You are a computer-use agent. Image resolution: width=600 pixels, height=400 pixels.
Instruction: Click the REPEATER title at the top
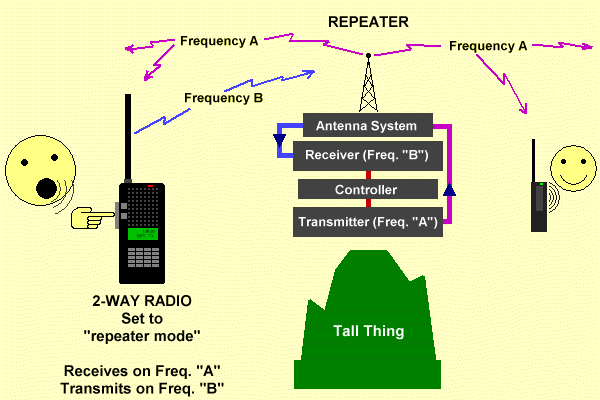click(368, 20)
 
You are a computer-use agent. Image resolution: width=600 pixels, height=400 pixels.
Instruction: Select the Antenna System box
click(360, 126)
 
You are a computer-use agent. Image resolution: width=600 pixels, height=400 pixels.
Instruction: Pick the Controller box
click(366, 189)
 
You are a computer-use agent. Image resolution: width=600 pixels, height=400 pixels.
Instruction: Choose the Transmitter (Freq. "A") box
click(366, 222)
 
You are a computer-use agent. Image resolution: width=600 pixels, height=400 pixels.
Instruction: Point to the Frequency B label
click(224, 98)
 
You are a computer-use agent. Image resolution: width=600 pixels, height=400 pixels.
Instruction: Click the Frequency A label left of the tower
click(219, 41)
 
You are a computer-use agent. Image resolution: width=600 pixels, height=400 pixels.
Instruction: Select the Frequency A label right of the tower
click(488, 45)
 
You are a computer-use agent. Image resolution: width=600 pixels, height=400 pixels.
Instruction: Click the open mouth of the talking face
click(43, 186)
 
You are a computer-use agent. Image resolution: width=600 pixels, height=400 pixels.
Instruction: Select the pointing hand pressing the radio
click(95, 213)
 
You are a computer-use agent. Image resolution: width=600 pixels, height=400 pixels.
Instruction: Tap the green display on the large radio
click(141, 235)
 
